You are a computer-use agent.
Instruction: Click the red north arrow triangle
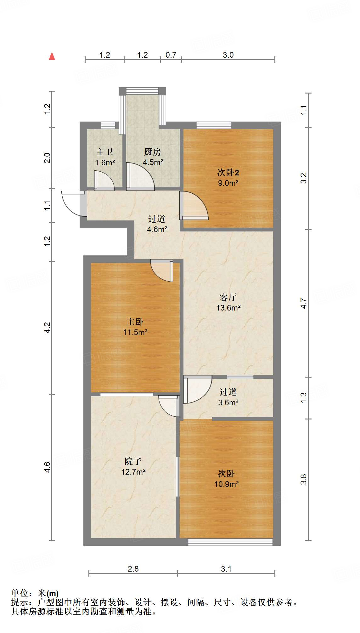click(x=52, y=56)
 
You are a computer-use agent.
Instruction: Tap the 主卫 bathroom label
click(x=104, y=152)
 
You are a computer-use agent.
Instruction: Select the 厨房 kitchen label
click(x=153, y=152)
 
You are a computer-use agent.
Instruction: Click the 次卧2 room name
click(x=228, y=173)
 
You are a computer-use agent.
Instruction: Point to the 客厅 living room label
click(x=228, y=297)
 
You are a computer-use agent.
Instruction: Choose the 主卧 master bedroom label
click(x=135, y=322)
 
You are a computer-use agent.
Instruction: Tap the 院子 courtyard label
click(x=133, y=461)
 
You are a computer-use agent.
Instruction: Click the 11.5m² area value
click(x=135, y=332)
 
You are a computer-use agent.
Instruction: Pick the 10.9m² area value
click(x=227, y=484)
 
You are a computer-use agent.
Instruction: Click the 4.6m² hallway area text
click(x=157, y=230)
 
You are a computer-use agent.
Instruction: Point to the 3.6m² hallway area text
click(x=228, y=403)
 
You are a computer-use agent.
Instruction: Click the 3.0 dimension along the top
click(x=228, y=55)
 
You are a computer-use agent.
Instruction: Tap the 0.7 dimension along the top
click(x=171, y=55)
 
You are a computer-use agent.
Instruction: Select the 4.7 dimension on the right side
click(x=303, y=303)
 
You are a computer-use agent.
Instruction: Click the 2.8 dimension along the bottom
click(x=133, y=569)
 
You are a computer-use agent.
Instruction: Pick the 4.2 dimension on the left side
click(x=47, y=328)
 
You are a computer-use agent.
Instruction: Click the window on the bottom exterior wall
click(x=230, y=542)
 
